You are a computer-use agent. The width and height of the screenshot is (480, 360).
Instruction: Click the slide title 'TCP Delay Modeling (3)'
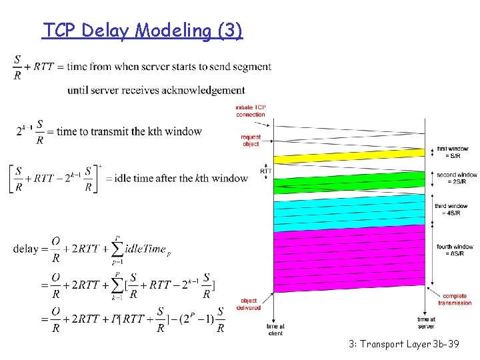[x=143, y=31]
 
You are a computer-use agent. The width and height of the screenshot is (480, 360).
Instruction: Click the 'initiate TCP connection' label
[x=250, y=111]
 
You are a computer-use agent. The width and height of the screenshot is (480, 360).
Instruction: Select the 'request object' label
[x=251, y=140]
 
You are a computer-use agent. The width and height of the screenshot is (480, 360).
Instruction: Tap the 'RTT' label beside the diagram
[x=266, y=171]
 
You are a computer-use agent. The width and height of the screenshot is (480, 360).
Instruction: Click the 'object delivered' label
[x=249, y=304]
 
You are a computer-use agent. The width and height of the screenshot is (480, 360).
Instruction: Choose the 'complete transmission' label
[x=455, y=299]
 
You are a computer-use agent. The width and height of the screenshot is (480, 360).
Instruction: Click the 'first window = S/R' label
[x=452, y=152]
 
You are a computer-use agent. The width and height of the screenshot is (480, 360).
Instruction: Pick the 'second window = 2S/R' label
[x=457, y=178]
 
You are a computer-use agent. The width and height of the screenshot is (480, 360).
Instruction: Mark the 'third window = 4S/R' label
[x=451, y=209]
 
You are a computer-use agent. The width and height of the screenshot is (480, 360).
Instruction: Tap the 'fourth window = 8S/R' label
[x=455, y=250]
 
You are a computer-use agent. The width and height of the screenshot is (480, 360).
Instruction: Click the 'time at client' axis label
[x=275, y=329]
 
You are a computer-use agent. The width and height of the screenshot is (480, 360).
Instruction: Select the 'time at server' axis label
[x=426, y=323]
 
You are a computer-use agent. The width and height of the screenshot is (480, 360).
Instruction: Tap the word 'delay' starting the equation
[x=26, y=249]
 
